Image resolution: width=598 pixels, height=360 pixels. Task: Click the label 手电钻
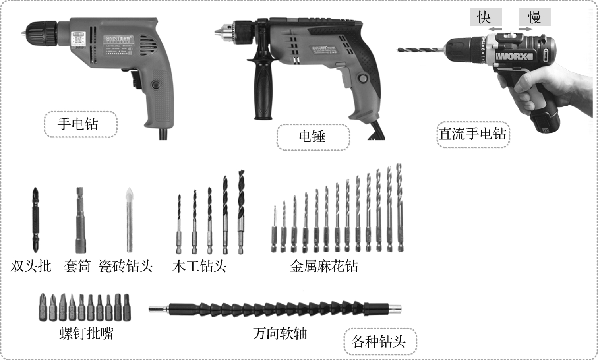tap(78, 124)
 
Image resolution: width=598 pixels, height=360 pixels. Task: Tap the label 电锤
tap(312, 137)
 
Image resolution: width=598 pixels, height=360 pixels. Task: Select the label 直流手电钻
tap(472, 134)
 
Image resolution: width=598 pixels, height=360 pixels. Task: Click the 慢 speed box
tap(534, 17)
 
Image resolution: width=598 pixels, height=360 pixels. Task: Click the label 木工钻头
tap(199, 266)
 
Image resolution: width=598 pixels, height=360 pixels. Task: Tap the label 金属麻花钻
tap(324, 266)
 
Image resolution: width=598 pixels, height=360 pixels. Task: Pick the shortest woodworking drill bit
tap(179, 225)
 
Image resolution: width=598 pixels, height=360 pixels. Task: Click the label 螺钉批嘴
tap(86, 333)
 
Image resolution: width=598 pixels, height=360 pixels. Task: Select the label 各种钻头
tap(379, 341)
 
